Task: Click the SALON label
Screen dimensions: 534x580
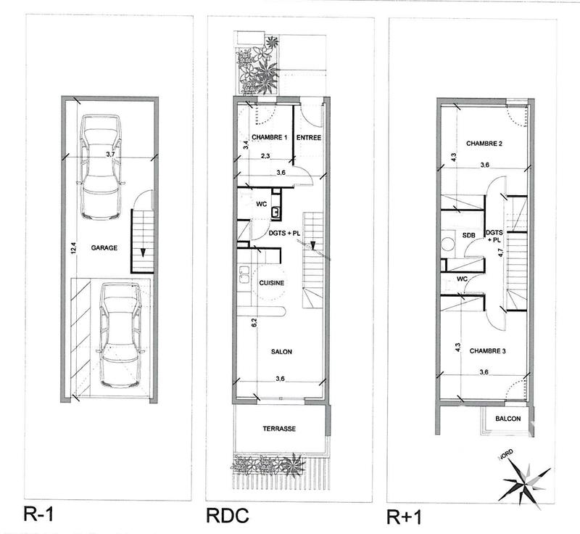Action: [x=281, y=352]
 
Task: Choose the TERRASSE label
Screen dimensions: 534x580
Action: [x=279, y=429]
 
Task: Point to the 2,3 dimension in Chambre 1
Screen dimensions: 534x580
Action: [x=265, y=155]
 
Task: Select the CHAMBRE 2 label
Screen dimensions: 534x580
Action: [x=484, y=143]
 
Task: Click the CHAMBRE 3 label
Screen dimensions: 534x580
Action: [x=487, y=352]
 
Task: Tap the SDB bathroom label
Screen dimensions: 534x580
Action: [x=468, y=236]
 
